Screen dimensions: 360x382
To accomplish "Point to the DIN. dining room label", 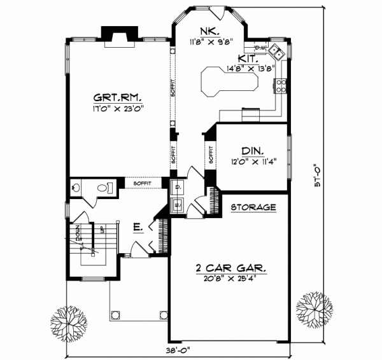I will tap(250, 151).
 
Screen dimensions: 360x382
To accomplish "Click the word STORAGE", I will tap(253, 207).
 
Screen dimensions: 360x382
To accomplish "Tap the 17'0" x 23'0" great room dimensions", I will tap(118, 108).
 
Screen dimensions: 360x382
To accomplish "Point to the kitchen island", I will tap(229, 81).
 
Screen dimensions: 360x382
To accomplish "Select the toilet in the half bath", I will tap(106, 187).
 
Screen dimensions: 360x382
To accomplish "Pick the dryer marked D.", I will tap(178, 188).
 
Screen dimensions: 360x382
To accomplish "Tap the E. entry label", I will tap(136, 227).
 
